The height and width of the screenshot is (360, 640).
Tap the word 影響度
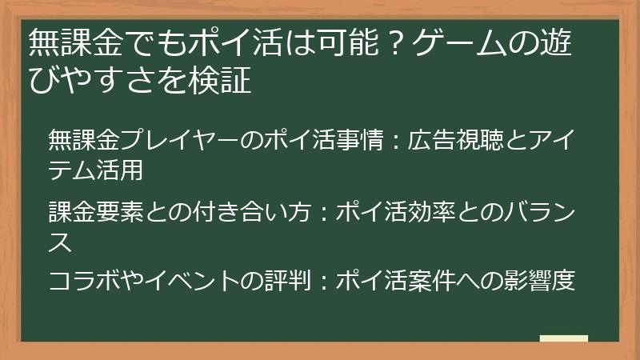coord(540,282)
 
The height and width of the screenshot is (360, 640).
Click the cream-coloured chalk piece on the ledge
coord(564,339)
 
